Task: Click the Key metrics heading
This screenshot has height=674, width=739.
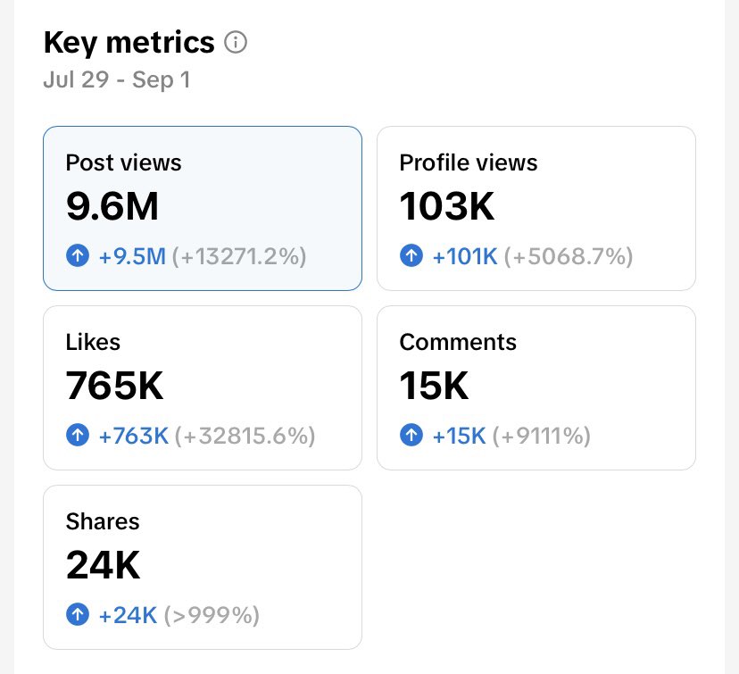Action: pyautogui.click(x=129, y=42)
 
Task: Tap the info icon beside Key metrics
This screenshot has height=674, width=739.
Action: pyautogui.click(x=236, y=42)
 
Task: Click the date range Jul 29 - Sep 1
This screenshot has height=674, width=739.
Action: pyautogui.click(x=116, y=80)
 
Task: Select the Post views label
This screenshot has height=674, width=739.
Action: pyautogui.click(x=123, y=162)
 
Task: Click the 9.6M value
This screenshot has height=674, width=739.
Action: pyautogui.click(x=112, y=206)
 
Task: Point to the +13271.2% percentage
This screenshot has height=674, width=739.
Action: pyautogui.click(x=239, y=257)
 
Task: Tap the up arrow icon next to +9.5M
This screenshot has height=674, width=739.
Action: pyautogui.click(x=78, y=257)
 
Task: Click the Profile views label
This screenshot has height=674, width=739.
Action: pyautogui.click(x=469, y=162)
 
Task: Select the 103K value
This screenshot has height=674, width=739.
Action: pyautogui.click(x=446, y=206)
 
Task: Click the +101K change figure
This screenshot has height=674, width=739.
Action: pyautogui.click(x=465, y=257)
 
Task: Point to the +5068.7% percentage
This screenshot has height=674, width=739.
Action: pyautogui.click(x=569, y=257)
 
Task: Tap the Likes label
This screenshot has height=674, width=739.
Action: pyautogui.click(x=93, y=342)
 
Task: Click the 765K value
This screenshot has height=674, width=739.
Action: pyautogui.click(x=114, y=386)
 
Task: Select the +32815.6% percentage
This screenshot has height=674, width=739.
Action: pyautogui.click(x=245, y=437)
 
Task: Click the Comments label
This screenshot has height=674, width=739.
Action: pyautogui.click(x=458, y=342)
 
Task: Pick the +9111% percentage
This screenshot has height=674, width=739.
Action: pyautogui.click(x=542, y=437)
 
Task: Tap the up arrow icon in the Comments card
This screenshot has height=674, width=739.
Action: pyautogui.click(x=411, y=437)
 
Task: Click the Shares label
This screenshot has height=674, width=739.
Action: pyautogui.click(x=103, y=521)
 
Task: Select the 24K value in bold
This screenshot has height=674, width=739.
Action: pyautogui.click(x=103, y=565)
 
